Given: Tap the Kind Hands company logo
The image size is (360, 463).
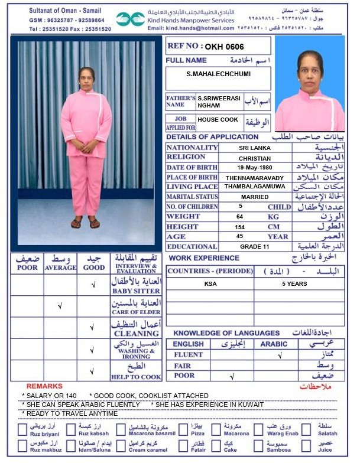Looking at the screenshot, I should click(x=130, y=19).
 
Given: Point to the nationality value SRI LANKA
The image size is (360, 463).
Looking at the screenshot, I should click(x=255, y=148).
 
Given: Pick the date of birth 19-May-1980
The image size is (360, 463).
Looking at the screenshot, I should click(x=255, y=168).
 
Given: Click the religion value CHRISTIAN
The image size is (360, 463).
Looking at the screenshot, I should click(x=255, y=158).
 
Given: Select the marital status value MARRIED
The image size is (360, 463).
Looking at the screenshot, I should click(x=255, y=197).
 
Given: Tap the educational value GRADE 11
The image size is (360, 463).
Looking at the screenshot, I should click(x=255, y=247).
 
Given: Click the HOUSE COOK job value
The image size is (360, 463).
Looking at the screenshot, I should click(x=218, y=120).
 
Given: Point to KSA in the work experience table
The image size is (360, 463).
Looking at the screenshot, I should click(x=210, y=284).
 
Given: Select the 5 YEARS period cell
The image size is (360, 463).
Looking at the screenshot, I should click(x=294, y=284).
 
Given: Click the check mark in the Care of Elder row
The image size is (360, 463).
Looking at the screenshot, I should click(x=60, y=306).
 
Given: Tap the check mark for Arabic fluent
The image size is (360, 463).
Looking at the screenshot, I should click(x=280, y=356).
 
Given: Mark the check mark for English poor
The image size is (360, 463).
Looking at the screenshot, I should click(x=232, y=376).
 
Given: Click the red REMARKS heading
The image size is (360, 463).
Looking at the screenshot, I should click(x=44, y=386).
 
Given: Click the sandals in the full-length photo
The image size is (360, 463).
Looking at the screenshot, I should click(x=85, y=223).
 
